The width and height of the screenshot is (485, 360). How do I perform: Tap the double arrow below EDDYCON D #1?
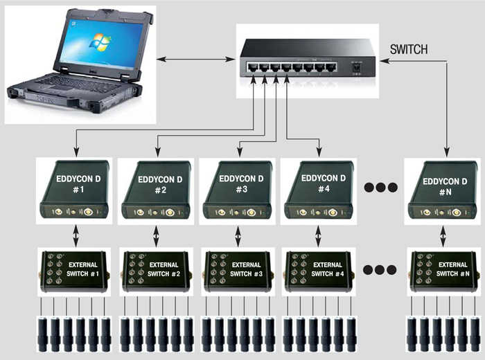point(74,235)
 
